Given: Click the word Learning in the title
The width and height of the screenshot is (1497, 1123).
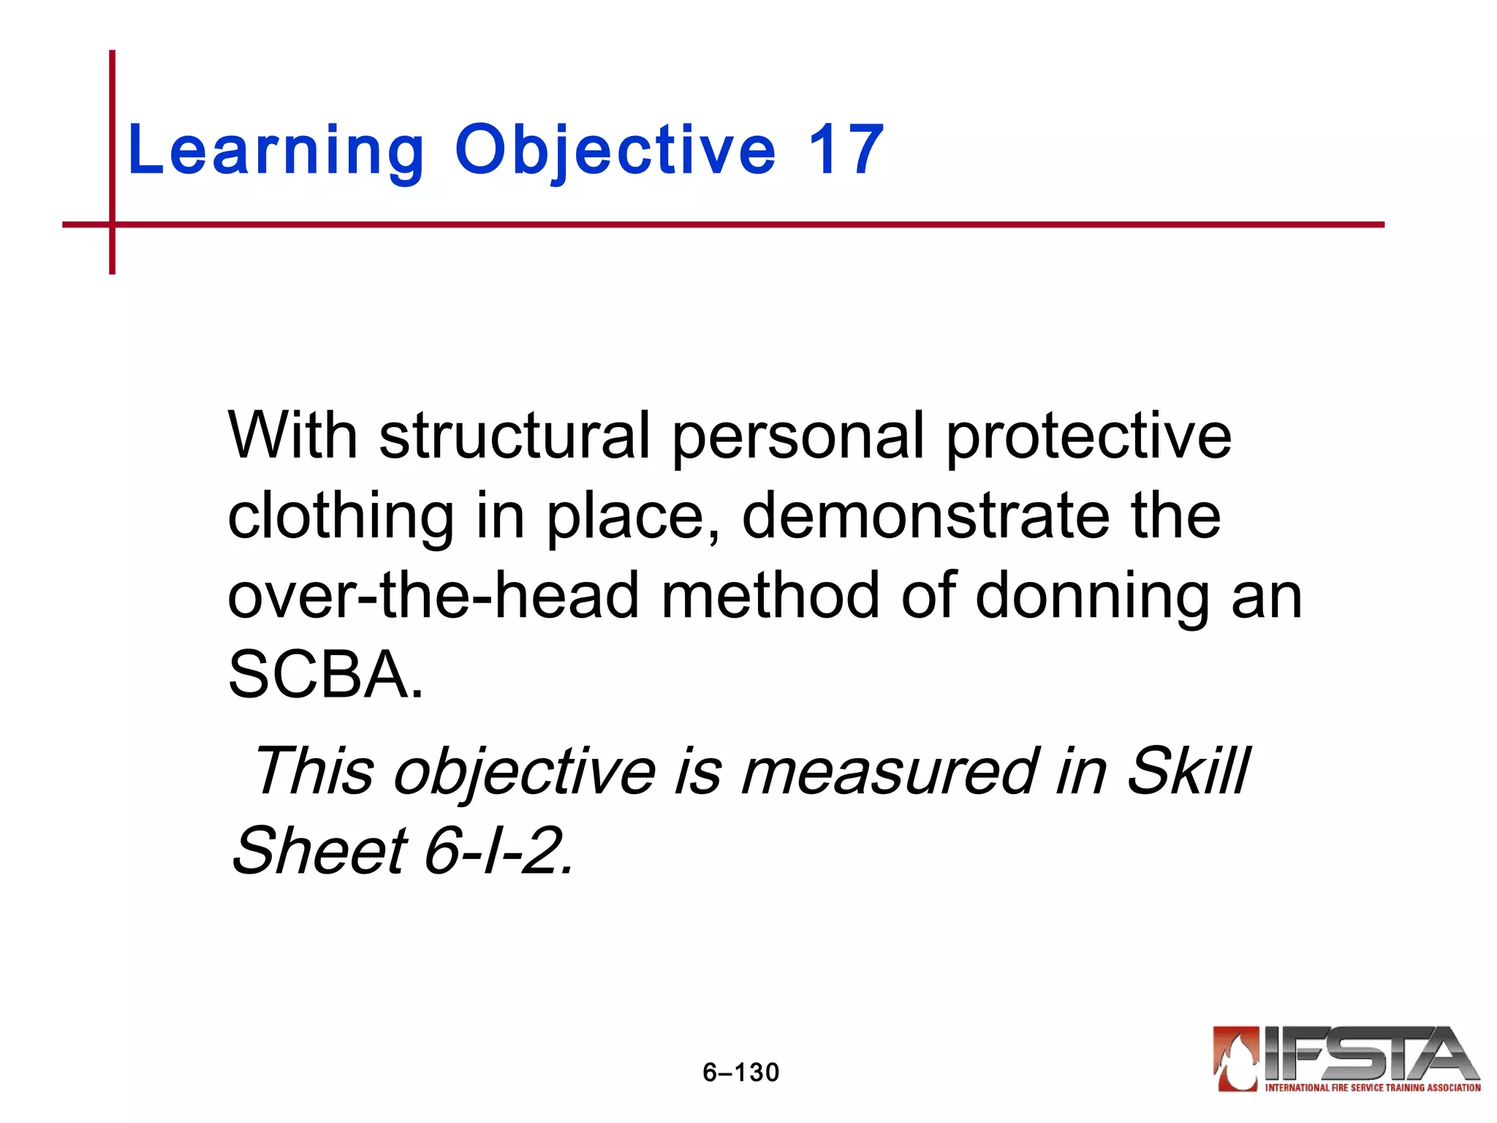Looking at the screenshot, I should pyautogui.click(x=276, y=151).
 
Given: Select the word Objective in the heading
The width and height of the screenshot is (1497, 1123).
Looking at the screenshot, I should pyautogui.click(x=615, y=151).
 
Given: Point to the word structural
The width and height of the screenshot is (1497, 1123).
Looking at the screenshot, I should pyautogui.click(x=514, y=436).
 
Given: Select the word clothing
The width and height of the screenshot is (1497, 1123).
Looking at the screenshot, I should pyautogui.click(x=341, y=518).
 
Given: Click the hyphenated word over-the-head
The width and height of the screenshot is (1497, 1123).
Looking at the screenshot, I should pyautogui.click(x=433, y=595).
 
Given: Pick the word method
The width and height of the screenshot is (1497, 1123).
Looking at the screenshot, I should pyautogui.click(x=770, y=595).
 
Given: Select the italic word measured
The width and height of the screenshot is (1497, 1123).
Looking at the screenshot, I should pyautogui.click(x=888, y=771).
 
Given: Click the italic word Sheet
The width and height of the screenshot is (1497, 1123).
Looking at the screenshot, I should pyautogui.click(x=319, y=850).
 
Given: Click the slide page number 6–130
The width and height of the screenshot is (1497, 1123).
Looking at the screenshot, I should pyautogui.click(x=740, y=1073).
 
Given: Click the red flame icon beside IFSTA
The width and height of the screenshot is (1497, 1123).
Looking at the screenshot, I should pyautogui.click(x=1236, y=1058).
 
